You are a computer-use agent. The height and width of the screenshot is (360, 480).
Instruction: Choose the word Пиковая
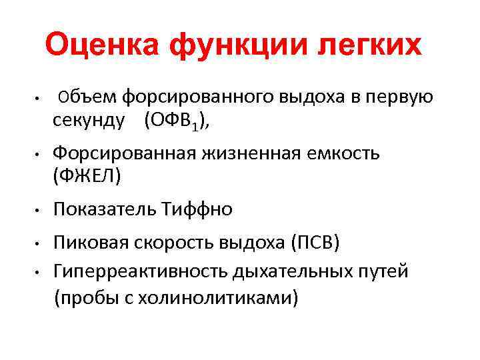tap(89, 244)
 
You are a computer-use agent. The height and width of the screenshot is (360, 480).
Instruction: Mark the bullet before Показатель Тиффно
tap(39, 211)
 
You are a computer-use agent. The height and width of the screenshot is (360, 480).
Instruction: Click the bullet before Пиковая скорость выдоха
tap(39, 245)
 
